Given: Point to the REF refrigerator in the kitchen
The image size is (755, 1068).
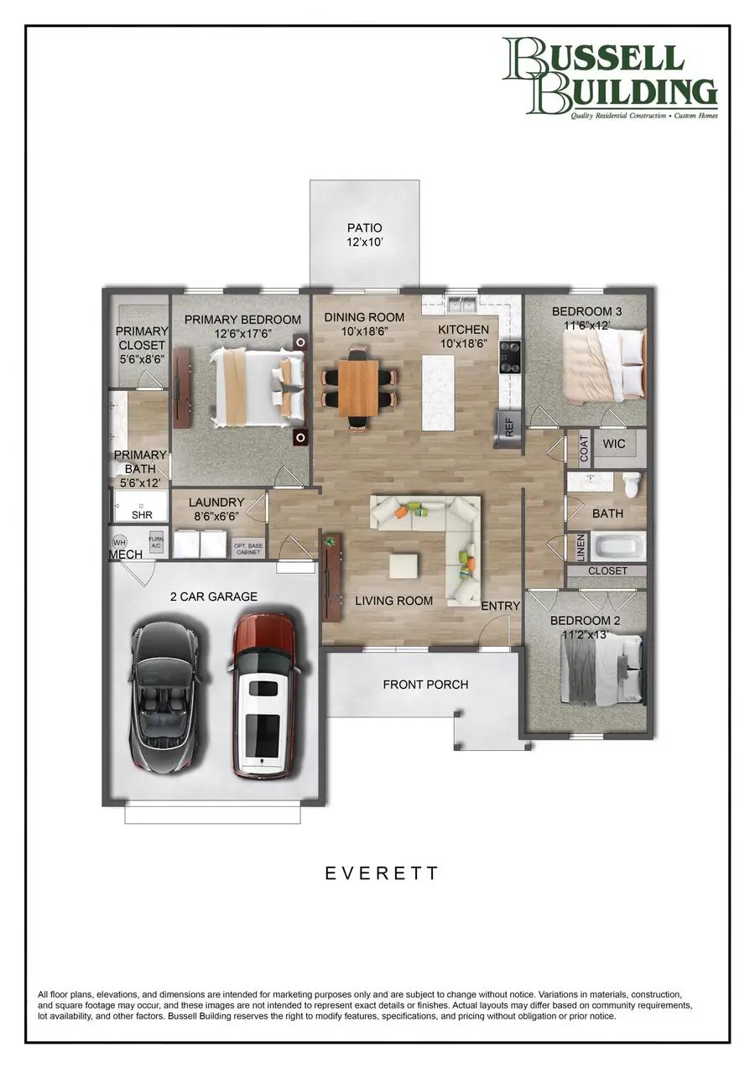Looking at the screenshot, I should (508, 427).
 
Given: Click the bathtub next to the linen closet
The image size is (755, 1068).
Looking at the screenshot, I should (619, 547).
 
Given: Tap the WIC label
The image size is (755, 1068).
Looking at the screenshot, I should (614, 444).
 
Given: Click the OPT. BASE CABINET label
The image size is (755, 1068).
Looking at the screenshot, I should (247, 549).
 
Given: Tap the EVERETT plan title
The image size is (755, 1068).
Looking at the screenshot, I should (381, 873).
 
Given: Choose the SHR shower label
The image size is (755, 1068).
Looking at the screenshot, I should (142, 515).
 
